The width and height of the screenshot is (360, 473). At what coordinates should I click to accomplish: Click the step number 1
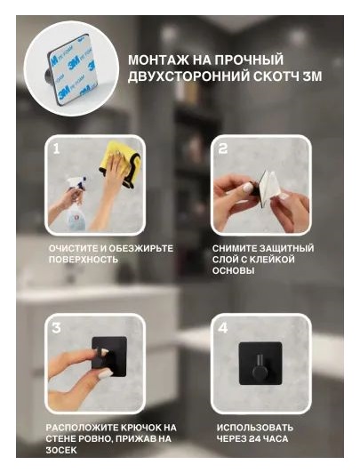click(56, 148)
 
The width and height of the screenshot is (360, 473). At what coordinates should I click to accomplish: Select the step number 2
click(222, 148)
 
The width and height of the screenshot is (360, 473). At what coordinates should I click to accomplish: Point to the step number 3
click(56, 328)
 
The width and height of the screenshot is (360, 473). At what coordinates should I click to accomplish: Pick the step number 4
click(223, 328)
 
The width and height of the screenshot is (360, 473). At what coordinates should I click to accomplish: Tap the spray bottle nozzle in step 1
click(76, 183)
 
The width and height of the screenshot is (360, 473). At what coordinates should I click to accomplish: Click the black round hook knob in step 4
click(259, 372)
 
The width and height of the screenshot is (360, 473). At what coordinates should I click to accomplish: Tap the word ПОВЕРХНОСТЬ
click(84, 260)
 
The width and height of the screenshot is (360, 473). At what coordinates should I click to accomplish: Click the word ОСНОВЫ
click(234, 270)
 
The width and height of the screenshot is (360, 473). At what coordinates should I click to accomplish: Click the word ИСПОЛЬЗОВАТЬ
click(255, 428)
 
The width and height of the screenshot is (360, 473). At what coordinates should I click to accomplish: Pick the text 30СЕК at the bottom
click(61, 450)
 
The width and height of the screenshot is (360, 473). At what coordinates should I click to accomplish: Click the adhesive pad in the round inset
click(72, 69)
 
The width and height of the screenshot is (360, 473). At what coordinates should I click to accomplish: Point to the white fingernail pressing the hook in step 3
click(103, 352)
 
